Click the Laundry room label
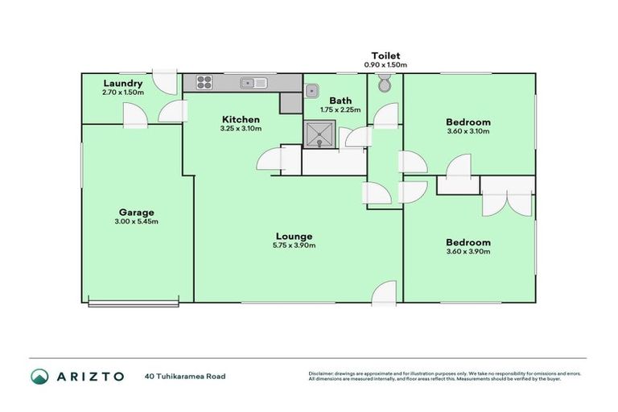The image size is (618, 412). pyautogui.click(x=123, y=83)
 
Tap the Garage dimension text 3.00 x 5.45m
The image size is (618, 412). pyautogui.click(x=136, y=222)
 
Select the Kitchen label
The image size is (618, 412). pyautogui.click(x=240, y=119)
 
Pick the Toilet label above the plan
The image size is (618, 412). pyautogui.click(x=385, y=56)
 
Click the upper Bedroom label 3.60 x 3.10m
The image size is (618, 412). pyautogui.click(x=468, y=123)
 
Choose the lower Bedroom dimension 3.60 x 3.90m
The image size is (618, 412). pyautogui.click(x=468, y=252)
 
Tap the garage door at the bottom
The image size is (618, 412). pyautogui.click(x=134, y=303)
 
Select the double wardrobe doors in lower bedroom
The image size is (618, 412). pyautogui.click(x=507, y=195)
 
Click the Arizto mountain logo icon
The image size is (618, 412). pyautogui.click(x=39, y=376)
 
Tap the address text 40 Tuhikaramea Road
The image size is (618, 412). pyautogui.click(x=185, y=376)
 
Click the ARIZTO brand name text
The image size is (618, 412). pyautogui.click(x=89, y=376)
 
